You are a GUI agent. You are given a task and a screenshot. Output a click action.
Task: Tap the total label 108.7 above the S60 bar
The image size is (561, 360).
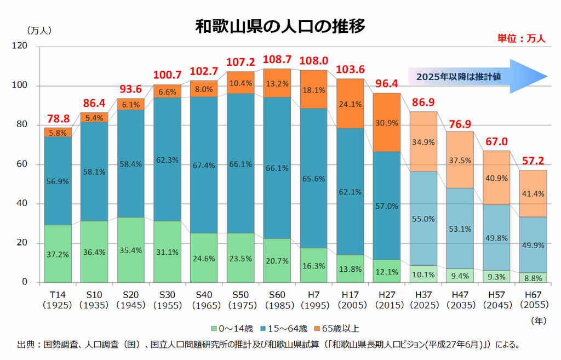(277, 59)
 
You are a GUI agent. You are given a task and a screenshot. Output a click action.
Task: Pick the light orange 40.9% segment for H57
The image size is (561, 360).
(496, 178)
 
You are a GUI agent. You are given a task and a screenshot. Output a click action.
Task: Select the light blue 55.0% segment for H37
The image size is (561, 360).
(424, 219)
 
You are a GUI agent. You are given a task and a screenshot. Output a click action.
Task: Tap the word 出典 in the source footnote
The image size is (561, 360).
(26, 345)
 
